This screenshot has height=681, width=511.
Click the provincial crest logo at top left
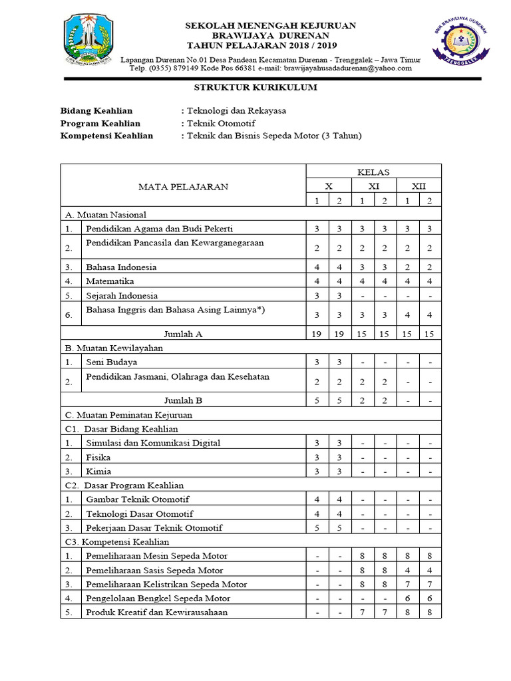[x=90, y=42]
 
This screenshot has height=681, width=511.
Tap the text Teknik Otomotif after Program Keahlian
[x=220, y=123]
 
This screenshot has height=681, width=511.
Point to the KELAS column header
[x=373, y=172]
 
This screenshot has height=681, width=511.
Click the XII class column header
[x=419, y=186]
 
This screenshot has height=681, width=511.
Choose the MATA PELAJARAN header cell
[x=183, y=186]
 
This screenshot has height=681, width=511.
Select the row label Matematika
[x=110, y=281]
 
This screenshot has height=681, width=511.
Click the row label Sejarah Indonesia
[x=122, y=295]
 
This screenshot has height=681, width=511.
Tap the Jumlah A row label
[x=183, y=333]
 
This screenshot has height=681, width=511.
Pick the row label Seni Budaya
[x=112, y=362]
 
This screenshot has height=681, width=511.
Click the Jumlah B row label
[x=183, y=400]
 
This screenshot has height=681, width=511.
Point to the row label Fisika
[x=98, y=457]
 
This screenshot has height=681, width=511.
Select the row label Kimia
[x=99, y=471]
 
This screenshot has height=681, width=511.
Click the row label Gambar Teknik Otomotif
[x=137, y=499]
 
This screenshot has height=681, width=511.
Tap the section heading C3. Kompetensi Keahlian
[x=112, y=542]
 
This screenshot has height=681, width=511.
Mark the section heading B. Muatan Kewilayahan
[x=114, y=348]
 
